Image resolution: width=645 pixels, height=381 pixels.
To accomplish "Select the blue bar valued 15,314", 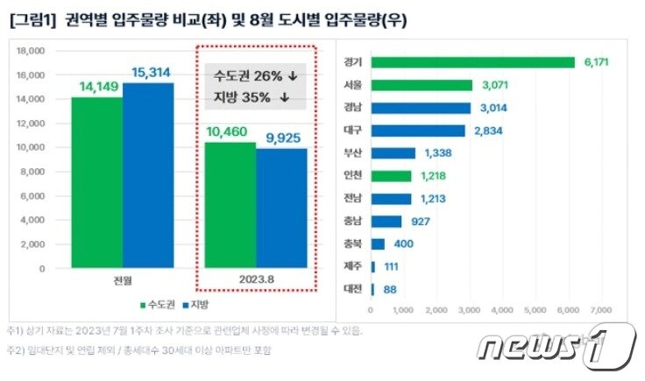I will (147, 175).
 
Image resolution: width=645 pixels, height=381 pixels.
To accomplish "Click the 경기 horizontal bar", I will (473, 62).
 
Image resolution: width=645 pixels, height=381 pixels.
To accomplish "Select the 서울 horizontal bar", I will (422, 85).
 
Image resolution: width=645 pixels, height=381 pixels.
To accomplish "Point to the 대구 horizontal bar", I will (418, 131).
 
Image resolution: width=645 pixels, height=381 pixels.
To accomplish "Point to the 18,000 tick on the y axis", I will (30, 52).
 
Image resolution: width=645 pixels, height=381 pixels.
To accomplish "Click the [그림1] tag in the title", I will (32, 18).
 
